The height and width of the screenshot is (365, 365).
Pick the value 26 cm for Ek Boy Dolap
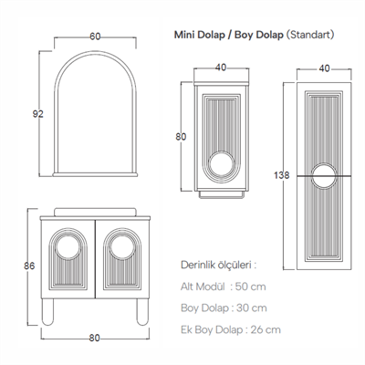point(266,329)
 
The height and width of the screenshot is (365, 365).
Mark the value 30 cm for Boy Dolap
point(249,308)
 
